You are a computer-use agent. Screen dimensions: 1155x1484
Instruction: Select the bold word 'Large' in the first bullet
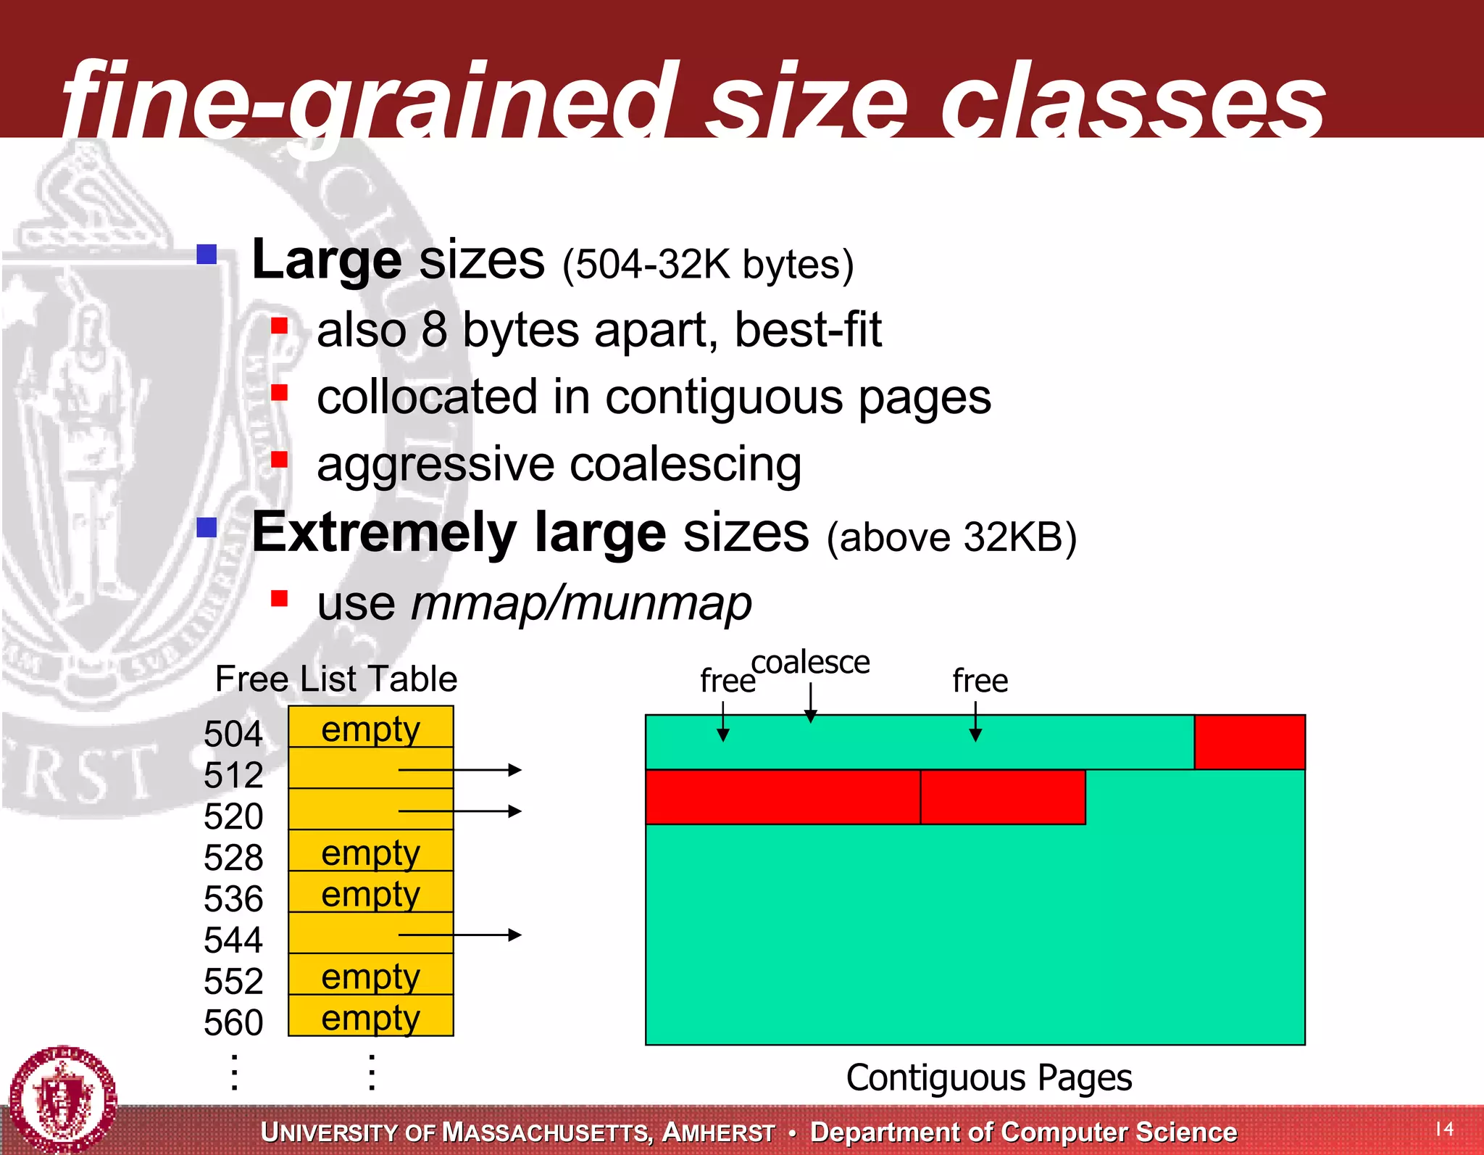(326, 260)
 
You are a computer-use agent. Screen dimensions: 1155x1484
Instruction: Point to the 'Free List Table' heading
(336, 679)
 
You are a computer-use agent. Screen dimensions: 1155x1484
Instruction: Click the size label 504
(233, 734)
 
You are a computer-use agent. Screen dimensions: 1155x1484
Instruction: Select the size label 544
(233, 940)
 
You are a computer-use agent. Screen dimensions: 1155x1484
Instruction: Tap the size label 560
(233, 1023)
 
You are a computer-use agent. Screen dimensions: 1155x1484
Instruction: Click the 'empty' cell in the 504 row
(370, 729)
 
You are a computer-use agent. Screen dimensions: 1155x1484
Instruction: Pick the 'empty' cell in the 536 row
(370, 893)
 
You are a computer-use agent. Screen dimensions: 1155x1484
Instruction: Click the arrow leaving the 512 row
(459, 770)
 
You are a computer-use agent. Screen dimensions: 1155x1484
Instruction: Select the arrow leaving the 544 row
(459, 935)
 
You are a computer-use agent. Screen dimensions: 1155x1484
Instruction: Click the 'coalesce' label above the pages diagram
(810, 663)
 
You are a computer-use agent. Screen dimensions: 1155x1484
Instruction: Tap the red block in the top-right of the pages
(1249, 742)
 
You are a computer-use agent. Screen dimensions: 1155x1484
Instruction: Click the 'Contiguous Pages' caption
(988, 1077)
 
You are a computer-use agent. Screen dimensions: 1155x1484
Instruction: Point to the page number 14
(1444, 1128)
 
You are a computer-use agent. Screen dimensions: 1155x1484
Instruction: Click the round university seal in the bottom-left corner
(63, 1099)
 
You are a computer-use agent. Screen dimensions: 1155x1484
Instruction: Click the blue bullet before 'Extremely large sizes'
(207, 527)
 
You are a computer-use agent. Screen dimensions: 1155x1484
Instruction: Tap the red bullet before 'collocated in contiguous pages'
(280, 393)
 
